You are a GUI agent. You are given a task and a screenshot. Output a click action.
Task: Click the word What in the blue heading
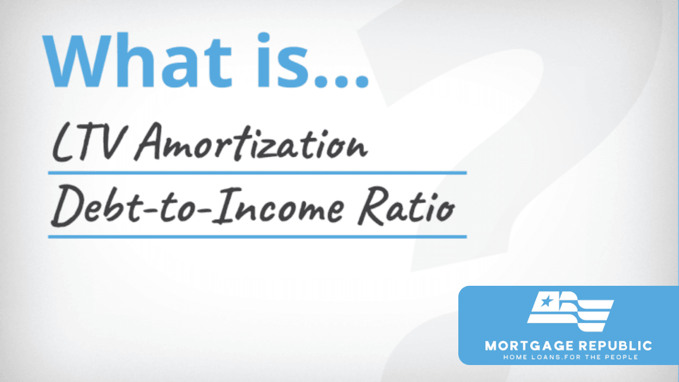point(137,60)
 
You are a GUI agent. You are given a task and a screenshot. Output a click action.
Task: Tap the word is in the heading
point(283,60)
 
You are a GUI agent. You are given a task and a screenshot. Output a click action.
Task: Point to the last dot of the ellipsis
point(362,81)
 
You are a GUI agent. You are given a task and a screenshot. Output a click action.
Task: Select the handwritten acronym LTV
point(88,143)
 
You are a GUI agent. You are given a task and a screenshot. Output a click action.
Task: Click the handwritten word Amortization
point(251,142)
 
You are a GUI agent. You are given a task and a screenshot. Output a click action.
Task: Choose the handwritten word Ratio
point(406,206)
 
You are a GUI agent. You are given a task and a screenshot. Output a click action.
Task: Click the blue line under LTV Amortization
point(257,173)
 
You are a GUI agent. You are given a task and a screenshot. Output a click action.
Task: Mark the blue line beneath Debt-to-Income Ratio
point(257,237)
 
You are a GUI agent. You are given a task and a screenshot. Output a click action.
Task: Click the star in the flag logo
point(547,301)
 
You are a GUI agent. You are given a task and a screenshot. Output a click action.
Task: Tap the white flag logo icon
point(570,311)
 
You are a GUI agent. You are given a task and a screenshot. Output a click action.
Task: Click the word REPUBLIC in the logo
point(616,346)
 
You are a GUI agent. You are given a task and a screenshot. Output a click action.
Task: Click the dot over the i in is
point(264,37)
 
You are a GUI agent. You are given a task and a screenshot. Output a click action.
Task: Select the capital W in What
point(77,61)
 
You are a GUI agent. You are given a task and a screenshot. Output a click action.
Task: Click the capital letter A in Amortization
point(148,142)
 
